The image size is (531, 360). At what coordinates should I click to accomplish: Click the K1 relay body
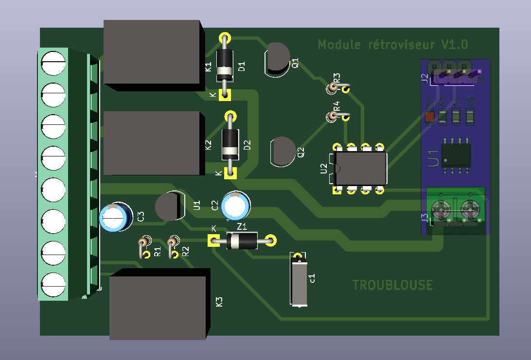tap(152, 53)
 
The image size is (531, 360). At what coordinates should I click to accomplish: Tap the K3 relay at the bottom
tap(159, 305)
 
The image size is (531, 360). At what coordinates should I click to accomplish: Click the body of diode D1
tap(224, 65)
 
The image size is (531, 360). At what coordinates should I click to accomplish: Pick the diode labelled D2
tap(230, 144)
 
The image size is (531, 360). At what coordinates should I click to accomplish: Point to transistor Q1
tap(277, 59)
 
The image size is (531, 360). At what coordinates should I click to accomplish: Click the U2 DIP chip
tap(360, 168)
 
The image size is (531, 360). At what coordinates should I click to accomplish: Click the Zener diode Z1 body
tap(242, 240)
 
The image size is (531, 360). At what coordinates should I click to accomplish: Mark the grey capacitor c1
tap(299, 281)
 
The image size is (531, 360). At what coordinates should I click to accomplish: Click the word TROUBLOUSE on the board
tap(392, 285)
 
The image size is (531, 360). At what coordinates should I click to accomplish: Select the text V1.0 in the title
tap(454, 45)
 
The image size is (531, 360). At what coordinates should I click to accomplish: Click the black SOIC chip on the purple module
tap(456, 155)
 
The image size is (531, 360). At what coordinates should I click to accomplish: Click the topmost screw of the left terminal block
tap(53, 63)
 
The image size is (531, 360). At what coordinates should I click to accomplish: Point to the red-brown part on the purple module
tap(429, 117)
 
